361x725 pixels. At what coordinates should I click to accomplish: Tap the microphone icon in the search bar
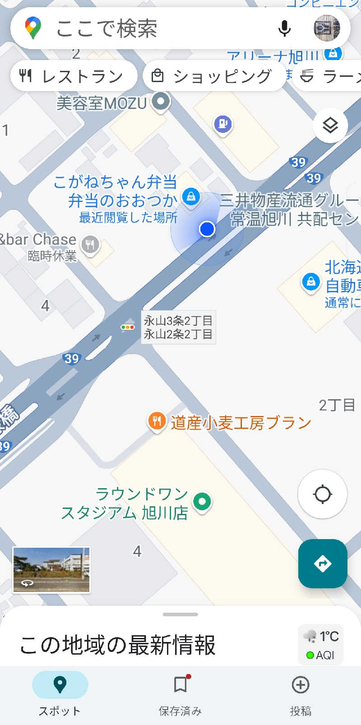coord(284,28)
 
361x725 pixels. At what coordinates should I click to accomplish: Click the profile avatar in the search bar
coord(327,28)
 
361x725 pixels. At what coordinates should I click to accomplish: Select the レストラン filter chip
coord(74,76)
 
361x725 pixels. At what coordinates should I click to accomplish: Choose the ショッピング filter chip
coord(214,76)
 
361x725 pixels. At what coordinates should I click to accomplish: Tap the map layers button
coord(330,125)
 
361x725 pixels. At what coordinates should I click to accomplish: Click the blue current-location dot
coord(207,229)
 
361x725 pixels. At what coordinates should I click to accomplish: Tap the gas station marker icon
coord(223,123)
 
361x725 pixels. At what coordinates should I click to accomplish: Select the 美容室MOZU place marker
coord(161,101)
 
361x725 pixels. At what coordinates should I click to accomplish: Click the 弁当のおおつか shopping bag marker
coord(191,196)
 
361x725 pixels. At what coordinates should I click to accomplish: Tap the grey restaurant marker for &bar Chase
coord(90,245)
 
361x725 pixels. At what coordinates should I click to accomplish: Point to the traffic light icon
coord(128,327)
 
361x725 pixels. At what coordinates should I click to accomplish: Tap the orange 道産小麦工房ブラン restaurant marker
coord(157,421)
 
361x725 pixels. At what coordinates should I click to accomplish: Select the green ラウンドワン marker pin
coord(202,501)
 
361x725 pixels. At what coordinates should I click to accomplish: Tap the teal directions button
coord(322,563)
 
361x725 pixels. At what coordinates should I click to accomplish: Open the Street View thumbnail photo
coord(51,569)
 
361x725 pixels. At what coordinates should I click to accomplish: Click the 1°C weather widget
coord(321,645)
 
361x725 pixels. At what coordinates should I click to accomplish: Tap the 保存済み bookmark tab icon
coord(180,685)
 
